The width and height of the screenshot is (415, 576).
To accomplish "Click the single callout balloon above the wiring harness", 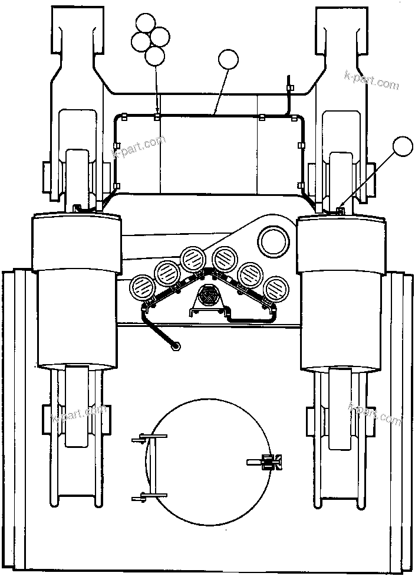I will pyautogui.click(x=229, y=60).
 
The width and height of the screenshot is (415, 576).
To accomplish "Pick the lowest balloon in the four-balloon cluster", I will pyautogui.click(x=154, y=55).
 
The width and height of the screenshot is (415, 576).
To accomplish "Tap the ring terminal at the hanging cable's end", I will pyautogui.click(x=175, y=346).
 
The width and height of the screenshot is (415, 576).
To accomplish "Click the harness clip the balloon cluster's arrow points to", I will pyautogui.click(x=157, y=116).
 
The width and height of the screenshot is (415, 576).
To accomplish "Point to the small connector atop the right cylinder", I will pyautogui.click(x=340, y=211).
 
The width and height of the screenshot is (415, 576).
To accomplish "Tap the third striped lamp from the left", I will pyautogui.click(x=192, y=257).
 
